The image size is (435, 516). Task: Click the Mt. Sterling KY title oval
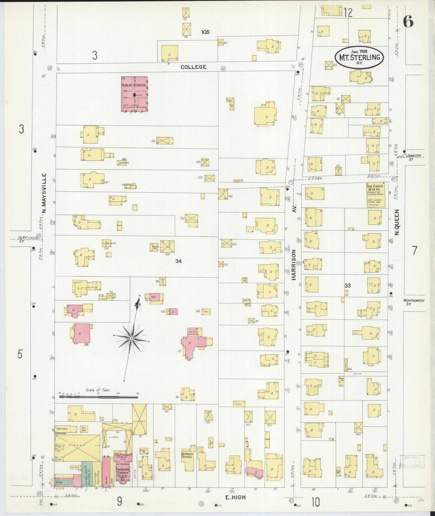click(359, 57)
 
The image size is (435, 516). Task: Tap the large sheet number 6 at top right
click(408, 21)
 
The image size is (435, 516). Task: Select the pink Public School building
click(134, 94)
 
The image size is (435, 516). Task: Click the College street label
click(193, 67)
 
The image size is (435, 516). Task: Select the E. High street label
click(236, 497)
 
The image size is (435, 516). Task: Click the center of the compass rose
click(131, 338)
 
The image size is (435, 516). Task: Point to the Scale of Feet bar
click(98, 397)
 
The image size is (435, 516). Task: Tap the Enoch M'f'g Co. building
click(375, 195)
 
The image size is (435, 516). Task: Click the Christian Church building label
click(122, 471)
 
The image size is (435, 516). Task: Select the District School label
click(187, 455)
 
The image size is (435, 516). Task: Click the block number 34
click(178, 261)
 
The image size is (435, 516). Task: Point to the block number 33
click(347, 285)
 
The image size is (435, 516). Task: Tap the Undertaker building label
click(63, 428)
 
